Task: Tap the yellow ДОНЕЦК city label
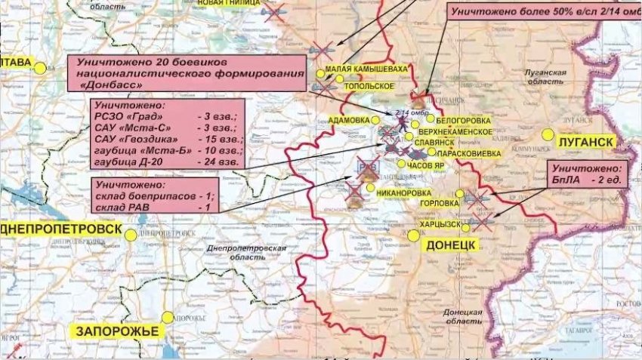(451, 245)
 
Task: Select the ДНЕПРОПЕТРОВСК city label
(61, 229)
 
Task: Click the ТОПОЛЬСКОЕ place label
(370, 86)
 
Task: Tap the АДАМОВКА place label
(350, 120)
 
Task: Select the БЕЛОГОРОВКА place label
(465, 120)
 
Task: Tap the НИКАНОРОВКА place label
(409, 192)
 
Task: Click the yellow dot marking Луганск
(548, 134)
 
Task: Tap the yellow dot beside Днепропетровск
(131, 235)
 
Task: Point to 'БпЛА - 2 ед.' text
(585, 181)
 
